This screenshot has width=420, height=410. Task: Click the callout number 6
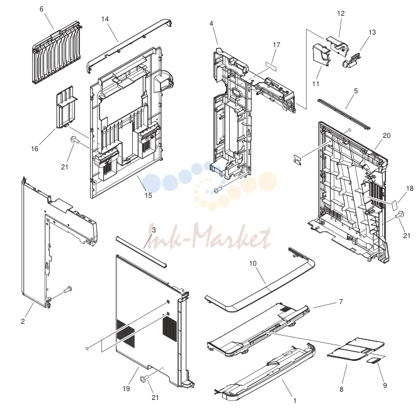42,9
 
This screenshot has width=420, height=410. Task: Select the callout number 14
105,19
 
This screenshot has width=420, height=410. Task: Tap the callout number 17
276,45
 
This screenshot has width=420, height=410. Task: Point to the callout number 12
341,13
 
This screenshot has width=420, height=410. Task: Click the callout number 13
372,32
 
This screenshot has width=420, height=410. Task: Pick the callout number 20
387,135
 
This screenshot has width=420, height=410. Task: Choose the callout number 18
410,188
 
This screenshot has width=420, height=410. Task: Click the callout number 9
385,385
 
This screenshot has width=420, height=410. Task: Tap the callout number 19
126,389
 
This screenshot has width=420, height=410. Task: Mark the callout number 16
35,149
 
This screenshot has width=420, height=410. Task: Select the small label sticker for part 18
394,206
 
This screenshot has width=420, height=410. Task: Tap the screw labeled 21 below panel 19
145,379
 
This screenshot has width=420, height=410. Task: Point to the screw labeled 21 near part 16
75,140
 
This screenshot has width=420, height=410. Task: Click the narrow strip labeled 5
344,114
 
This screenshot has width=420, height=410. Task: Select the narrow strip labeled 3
142,252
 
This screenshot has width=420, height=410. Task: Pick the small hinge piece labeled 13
351,60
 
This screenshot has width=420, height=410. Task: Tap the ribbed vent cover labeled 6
57,52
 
